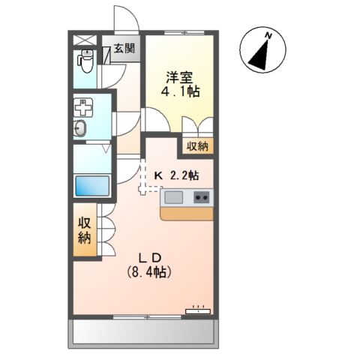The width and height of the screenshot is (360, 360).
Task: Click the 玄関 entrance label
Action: (124, 50)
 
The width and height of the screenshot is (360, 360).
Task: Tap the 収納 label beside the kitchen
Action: (197, 145)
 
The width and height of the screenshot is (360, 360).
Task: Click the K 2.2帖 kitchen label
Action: (176, 175)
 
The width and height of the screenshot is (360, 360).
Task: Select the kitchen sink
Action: (173, 198)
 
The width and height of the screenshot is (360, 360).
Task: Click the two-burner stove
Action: (201, 198)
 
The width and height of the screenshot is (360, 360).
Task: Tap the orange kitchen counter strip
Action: (187, 213)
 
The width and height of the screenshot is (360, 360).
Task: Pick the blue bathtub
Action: (92, 185)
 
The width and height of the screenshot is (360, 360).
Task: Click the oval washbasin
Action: (81, 130)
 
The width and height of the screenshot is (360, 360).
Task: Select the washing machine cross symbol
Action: (82, 107)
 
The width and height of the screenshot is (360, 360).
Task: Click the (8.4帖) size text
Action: (148, 273)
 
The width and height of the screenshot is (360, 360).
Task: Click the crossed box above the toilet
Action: (85, 41)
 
